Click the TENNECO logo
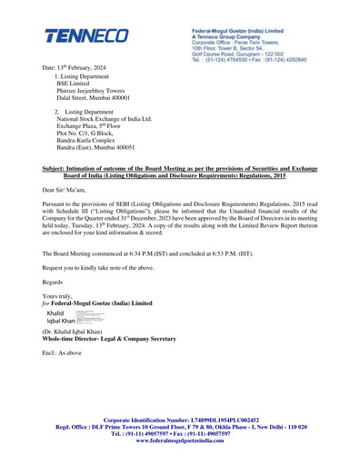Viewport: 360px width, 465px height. click(x=87, y=37)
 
